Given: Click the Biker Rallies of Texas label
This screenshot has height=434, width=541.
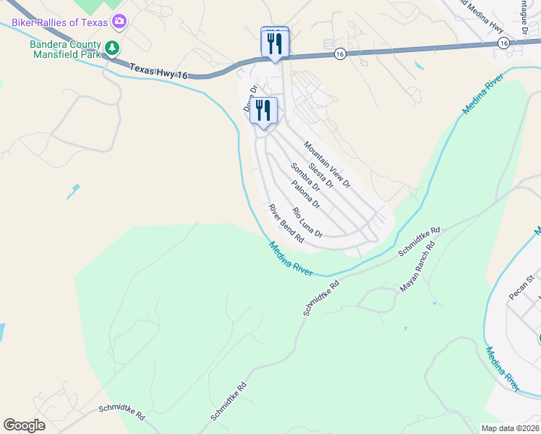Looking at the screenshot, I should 59,22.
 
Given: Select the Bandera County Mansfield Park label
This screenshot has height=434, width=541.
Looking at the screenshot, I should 64,49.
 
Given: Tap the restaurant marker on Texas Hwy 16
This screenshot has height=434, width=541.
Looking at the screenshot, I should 275,44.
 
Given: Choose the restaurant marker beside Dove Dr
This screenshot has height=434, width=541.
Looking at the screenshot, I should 264,111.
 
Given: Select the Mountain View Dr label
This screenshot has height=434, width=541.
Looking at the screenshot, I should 326,164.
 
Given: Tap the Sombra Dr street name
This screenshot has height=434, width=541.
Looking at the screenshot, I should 304,177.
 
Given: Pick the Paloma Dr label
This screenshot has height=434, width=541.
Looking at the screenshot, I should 306,195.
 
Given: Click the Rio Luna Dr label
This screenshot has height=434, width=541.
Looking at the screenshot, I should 307,223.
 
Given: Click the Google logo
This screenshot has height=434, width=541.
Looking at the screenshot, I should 24,425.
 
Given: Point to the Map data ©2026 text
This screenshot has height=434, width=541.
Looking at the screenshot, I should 509,428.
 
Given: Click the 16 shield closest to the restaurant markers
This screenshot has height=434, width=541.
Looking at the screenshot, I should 339,54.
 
